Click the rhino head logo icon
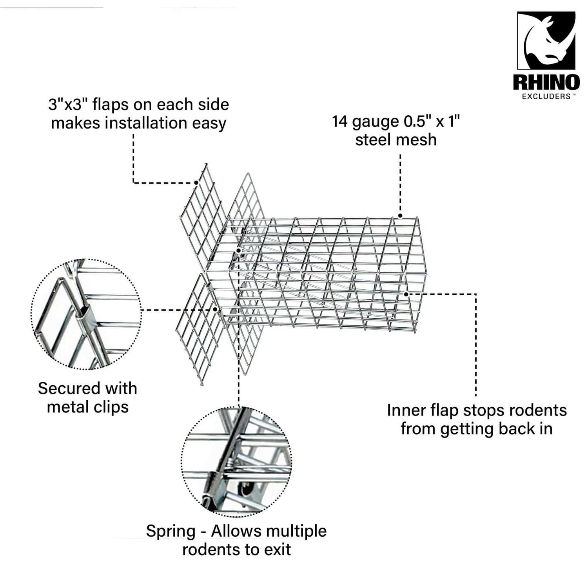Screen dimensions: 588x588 [x=546, y=40]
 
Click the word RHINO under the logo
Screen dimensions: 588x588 [x=546, y=83]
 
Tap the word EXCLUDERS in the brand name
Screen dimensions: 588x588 [x=546, y=96]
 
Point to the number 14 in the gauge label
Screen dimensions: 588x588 [x=340, y=122]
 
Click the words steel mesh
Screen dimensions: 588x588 [x=396, y=140]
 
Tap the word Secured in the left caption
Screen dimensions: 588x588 [x=68, y=388]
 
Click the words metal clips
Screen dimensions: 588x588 [x=87, y=407]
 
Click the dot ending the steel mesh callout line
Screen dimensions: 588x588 [x=400, y=216]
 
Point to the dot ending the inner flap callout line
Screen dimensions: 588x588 [x=407, y=294]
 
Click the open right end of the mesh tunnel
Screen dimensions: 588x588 [x=416, y=274]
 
